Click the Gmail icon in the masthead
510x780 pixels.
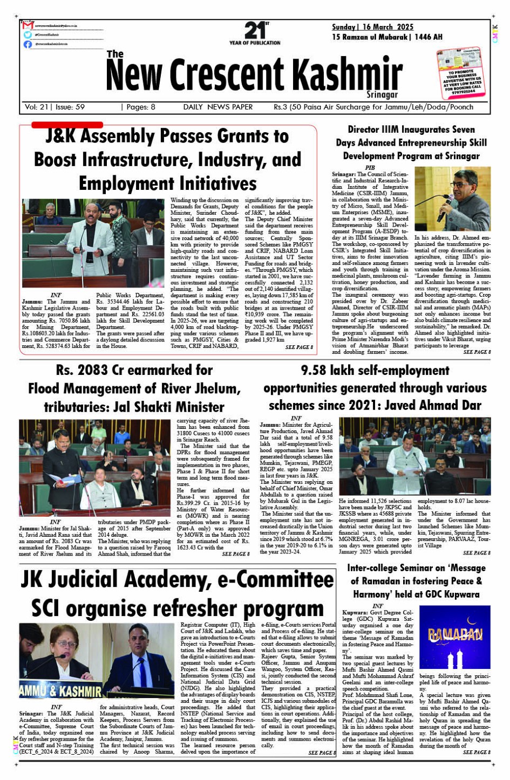tap(28, 25)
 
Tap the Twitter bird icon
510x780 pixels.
tap(28, 35)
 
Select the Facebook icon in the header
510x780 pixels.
tap(28, 44)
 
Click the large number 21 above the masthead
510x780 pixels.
tap(254, 30)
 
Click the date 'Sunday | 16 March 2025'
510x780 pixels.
tap(372, 27)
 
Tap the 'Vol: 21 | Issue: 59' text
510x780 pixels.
tap(55, 107)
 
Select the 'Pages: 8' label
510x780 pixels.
tap(138, 107)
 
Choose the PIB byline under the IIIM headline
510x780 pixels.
tap(370, 168)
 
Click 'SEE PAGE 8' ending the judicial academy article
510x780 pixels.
tap(322, 752)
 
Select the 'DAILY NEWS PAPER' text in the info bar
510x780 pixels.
tap(217, 107)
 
